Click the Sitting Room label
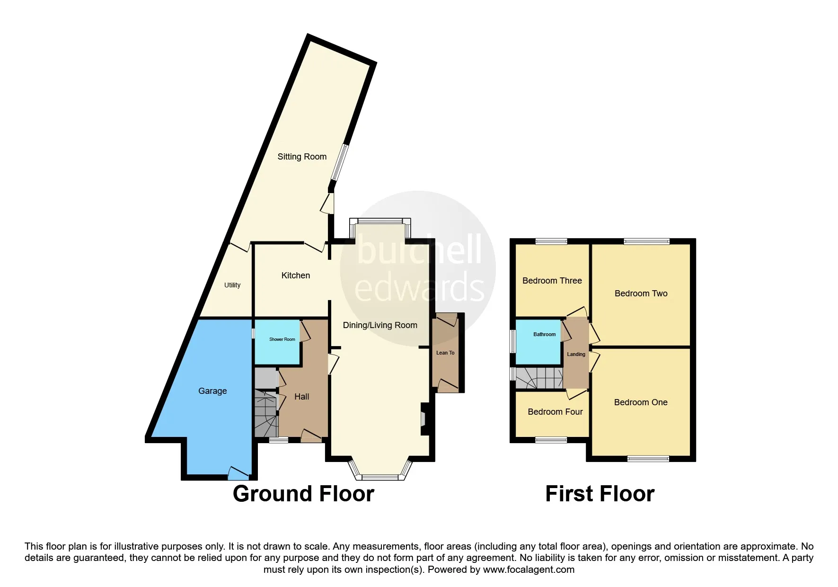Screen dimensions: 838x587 click(302, 157)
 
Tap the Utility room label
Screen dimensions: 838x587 click(232, 285)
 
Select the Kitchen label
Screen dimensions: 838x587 click(296, 276)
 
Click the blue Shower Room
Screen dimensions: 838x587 click(277, 342)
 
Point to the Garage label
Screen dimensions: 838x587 click(212, 391)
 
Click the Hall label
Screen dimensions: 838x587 click(302, 397)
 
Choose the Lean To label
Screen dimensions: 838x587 click(445, 353)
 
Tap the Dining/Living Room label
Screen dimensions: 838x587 click(380, 325)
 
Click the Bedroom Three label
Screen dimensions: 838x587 click(552, 281)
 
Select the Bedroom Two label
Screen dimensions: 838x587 click(641, 293)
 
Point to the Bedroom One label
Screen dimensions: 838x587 click(641, 402)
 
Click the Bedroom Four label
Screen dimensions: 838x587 click(555, 412)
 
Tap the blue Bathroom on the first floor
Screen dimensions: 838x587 click(538, 342)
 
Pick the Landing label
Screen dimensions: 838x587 click(576, 354)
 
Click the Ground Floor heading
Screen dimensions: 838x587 click(303, 494)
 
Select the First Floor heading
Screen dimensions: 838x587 click(600, 494)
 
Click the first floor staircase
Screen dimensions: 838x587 click(539, 378)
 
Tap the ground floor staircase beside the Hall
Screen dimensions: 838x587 click(266, 413)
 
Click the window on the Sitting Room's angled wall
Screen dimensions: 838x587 click(340, 162)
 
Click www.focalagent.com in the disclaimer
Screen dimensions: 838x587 click(529, 569)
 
